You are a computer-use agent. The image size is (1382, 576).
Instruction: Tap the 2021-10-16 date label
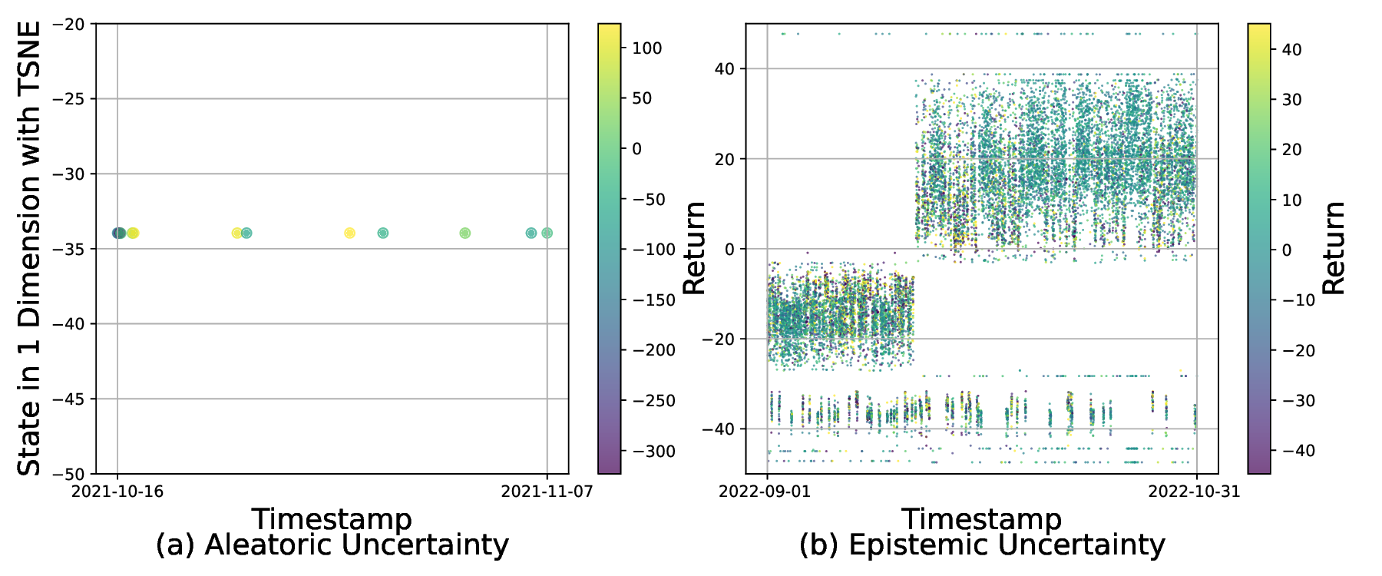click(117, 492)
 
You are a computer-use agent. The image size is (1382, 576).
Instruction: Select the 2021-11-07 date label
click(547, 492)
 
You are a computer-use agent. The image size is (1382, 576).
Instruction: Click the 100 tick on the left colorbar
click(646, 48)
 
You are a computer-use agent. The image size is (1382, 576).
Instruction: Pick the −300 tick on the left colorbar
click(653, 452)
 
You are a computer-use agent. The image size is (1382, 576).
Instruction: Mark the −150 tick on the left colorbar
click(653, 300)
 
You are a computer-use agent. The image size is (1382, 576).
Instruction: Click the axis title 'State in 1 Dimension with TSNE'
click(29, 248)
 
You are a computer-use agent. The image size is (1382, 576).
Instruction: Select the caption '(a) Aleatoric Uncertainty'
click(332, 545)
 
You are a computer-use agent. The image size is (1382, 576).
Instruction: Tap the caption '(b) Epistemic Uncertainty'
click(982, 545)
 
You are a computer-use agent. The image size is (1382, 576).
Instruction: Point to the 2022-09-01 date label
click(765, 492)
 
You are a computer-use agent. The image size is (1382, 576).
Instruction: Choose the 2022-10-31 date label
click(1194, 492)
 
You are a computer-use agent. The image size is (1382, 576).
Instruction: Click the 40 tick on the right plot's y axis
click(724, 69)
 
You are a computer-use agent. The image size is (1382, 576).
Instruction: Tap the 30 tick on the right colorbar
click(1291, 100)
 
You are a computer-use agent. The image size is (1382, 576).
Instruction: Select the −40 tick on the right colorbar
click(1298, 451)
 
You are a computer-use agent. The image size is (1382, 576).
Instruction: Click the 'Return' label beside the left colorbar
click(694, 248)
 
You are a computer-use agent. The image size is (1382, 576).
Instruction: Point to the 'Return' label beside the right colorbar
click(1334, 248)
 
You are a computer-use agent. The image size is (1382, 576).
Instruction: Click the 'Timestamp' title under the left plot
click(332, 519)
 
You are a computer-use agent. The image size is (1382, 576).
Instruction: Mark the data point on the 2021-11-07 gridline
click(547, 233)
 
